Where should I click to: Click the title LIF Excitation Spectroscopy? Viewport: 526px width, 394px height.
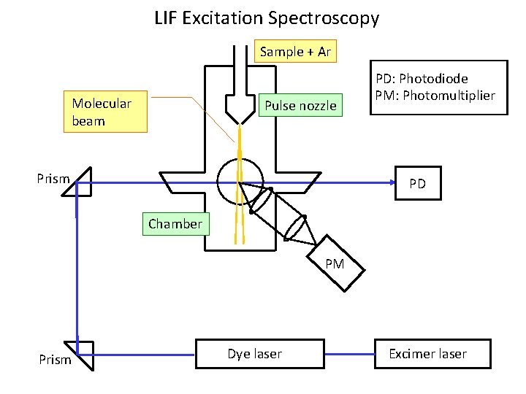[x=267, y=18]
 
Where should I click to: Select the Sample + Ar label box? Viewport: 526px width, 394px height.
[x=296, y=52]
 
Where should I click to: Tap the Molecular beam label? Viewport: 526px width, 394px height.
[x=105, y=112]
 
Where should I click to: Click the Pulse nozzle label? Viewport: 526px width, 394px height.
[x=300, y=106]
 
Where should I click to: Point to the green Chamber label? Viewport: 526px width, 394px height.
[x=175, y=224]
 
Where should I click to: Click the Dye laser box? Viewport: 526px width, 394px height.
[x=254, y=354]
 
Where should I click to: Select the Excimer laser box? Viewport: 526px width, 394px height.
[x=427, y=354]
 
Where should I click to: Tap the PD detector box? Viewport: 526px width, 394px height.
[x=417, y=184]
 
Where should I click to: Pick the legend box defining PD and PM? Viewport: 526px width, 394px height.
[x=435, y=87]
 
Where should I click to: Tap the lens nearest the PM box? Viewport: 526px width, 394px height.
[x=297, y=225]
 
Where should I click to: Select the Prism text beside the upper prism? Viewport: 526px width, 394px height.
[x=53, y=179]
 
